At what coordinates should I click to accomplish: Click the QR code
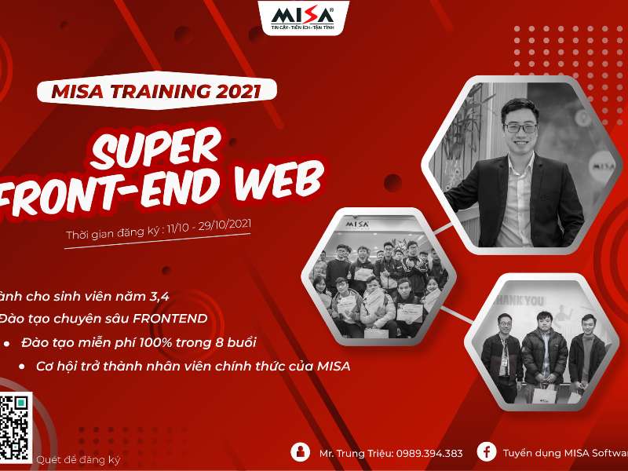14,425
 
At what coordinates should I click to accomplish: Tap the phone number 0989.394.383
425,453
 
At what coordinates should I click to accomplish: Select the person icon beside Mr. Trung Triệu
300,452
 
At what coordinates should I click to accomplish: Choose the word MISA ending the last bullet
334,367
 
